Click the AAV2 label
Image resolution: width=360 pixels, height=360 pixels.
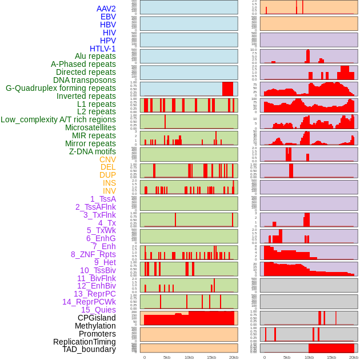point(106,9)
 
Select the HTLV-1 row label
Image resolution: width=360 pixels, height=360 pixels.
point(102,49)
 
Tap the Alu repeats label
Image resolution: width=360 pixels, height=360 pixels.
point(95,56)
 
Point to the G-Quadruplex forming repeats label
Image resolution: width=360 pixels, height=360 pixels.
point(61,88)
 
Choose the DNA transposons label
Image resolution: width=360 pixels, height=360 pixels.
point(84,80)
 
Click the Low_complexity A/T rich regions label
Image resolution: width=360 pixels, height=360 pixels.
point(58,119)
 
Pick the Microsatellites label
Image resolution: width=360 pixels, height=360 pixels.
point(90,127)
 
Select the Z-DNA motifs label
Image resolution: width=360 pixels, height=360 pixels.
point(92,151)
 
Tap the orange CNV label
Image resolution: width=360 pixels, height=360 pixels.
point(107,159)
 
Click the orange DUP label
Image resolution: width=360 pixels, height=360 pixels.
point(107,175)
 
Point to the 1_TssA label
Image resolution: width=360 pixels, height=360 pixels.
point(103,199)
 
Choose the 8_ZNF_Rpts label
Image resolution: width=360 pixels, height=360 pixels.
point(93,254)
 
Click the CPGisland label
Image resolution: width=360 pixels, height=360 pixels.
point(97,318)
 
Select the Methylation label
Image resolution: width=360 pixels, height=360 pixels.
point(95,326)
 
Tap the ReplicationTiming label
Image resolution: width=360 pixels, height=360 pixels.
point(84,342)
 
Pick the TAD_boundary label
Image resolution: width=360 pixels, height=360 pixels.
point(89,349)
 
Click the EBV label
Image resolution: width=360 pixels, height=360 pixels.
point(108,17)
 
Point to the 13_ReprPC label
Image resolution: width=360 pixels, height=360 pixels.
point(94,294)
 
